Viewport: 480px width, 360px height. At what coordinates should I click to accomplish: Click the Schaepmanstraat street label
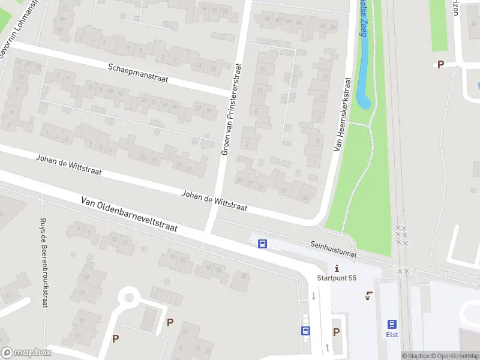click(x=137, y=73)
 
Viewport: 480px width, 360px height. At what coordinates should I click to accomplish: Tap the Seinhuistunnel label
click(x=334, y=250)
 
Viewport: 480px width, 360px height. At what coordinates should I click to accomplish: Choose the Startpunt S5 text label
click(x=337, y=278)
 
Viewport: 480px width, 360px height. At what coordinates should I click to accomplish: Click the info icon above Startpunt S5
click(x=337, y=268)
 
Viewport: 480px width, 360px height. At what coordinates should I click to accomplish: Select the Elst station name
click(x=392, y=334)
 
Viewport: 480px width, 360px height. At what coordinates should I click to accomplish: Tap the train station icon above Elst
click(x=392, y=323)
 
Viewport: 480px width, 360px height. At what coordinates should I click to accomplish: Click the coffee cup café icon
click(x=368, y=295)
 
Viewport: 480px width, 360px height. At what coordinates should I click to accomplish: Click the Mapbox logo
click(x=26, y=353)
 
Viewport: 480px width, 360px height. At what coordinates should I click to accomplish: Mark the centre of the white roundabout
click(x=128, y=297)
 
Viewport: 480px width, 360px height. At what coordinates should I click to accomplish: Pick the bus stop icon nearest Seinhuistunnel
click(x=262, y=244)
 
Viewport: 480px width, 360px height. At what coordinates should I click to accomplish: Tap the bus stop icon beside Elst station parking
click(x=305, y=331)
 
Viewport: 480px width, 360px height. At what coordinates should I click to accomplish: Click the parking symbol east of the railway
click(x=440, y=65)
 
